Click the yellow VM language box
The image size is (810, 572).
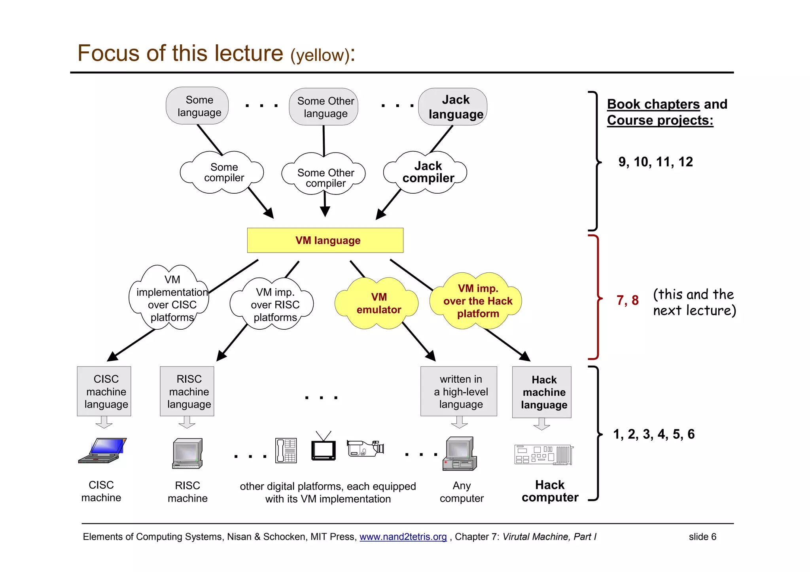tap(325, 240)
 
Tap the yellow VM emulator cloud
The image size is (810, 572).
tap(378, 304)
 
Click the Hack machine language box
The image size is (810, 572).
tap(542, 392)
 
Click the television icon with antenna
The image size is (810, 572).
tap(323, 447)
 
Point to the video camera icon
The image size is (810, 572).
tap(365, 449)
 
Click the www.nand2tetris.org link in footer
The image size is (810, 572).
tap(403, 537)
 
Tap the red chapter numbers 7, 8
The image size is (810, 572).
tap(628, 300)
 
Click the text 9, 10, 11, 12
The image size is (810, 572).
tap(656, 162)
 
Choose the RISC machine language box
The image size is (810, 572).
tap(187, 391)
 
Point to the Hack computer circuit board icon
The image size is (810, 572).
tap(544, 455)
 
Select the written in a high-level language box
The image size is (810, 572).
tap(459, 391)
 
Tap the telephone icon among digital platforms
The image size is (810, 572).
tap(286, 450)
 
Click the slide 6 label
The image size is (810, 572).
tap(702, 537)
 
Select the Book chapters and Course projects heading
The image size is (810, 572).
tap(667, 112)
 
